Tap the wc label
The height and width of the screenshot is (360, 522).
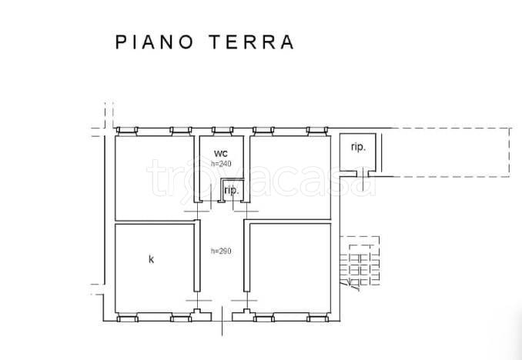coord(221,152)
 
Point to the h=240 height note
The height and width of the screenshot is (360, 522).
coord(221,163)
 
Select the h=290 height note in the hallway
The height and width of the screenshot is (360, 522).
coord(221,251)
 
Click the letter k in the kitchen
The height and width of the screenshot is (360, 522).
coord(151,259)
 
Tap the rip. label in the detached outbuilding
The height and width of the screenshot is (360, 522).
coord(358,147)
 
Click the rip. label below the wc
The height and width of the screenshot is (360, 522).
coord(231,190)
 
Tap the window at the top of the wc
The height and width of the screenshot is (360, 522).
coord(222,130)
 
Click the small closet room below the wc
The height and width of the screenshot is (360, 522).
coord(231,190)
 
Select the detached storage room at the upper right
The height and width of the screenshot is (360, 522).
coord(358,152)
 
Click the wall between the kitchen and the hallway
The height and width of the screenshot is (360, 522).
coord(196,258)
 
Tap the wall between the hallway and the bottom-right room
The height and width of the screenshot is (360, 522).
coord(247,258)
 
